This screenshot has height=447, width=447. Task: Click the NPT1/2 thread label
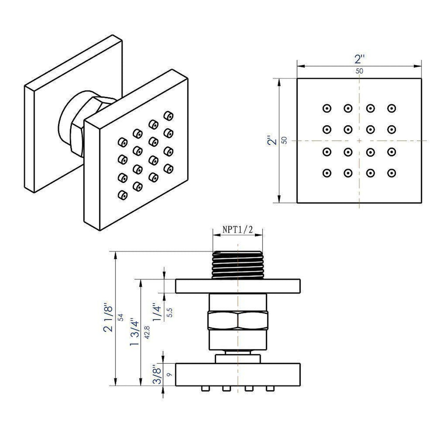[238, 230]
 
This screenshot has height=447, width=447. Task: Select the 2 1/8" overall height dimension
[109, 319]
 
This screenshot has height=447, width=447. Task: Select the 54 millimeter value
[121, 317]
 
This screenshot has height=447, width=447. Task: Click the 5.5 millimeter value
[169, 312]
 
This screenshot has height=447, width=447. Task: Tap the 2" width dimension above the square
[359, 59]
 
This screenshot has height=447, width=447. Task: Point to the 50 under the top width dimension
[359, 71]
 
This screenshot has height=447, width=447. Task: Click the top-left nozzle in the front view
[327, 108]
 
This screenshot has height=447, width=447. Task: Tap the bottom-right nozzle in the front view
[391, 173]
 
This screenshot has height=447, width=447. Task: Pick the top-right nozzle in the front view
[391, 108]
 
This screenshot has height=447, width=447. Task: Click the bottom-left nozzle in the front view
[327, 173]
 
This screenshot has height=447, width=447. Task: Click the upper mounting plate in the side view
[238, 286]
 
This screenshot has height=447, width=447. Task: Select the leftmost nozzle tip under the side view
[204, 388]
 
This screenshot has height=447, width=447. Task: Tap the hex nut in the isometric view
[77, 139]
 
